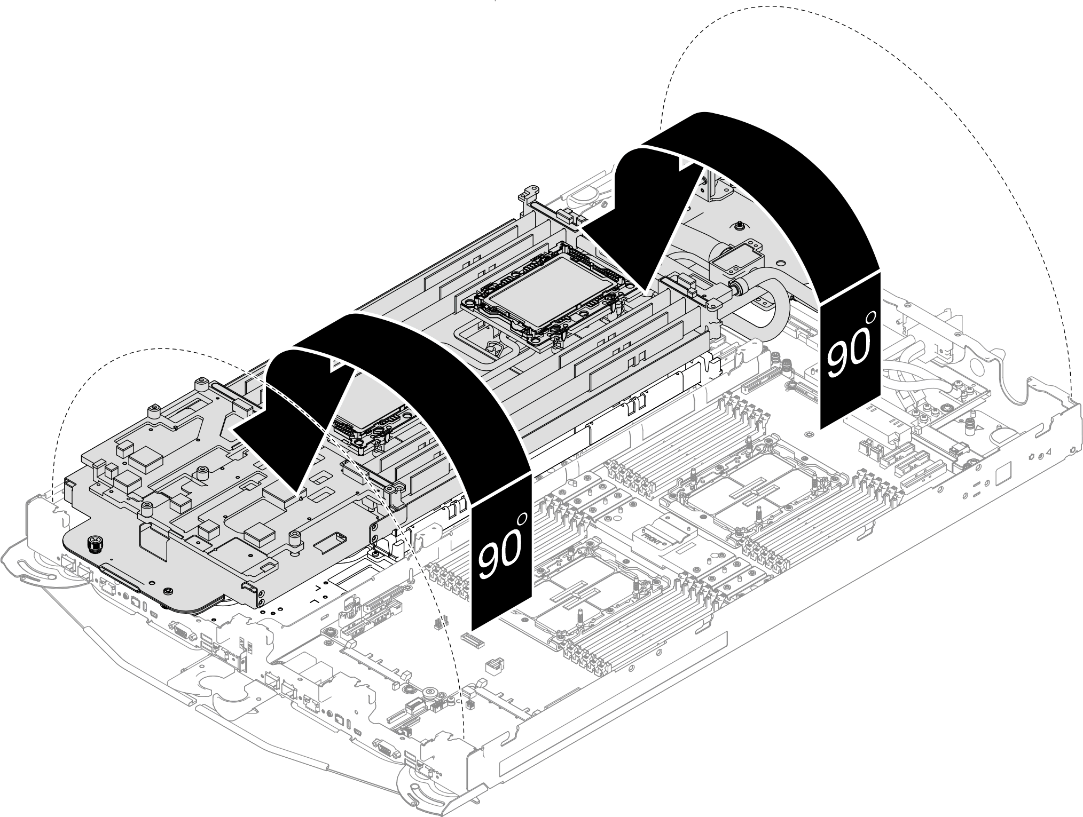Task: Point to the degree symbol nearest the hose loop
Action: [871, 318]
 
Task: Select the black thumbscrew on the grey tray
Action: [95, 545]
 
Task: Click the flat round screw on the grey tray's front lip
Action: [168, 591]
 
